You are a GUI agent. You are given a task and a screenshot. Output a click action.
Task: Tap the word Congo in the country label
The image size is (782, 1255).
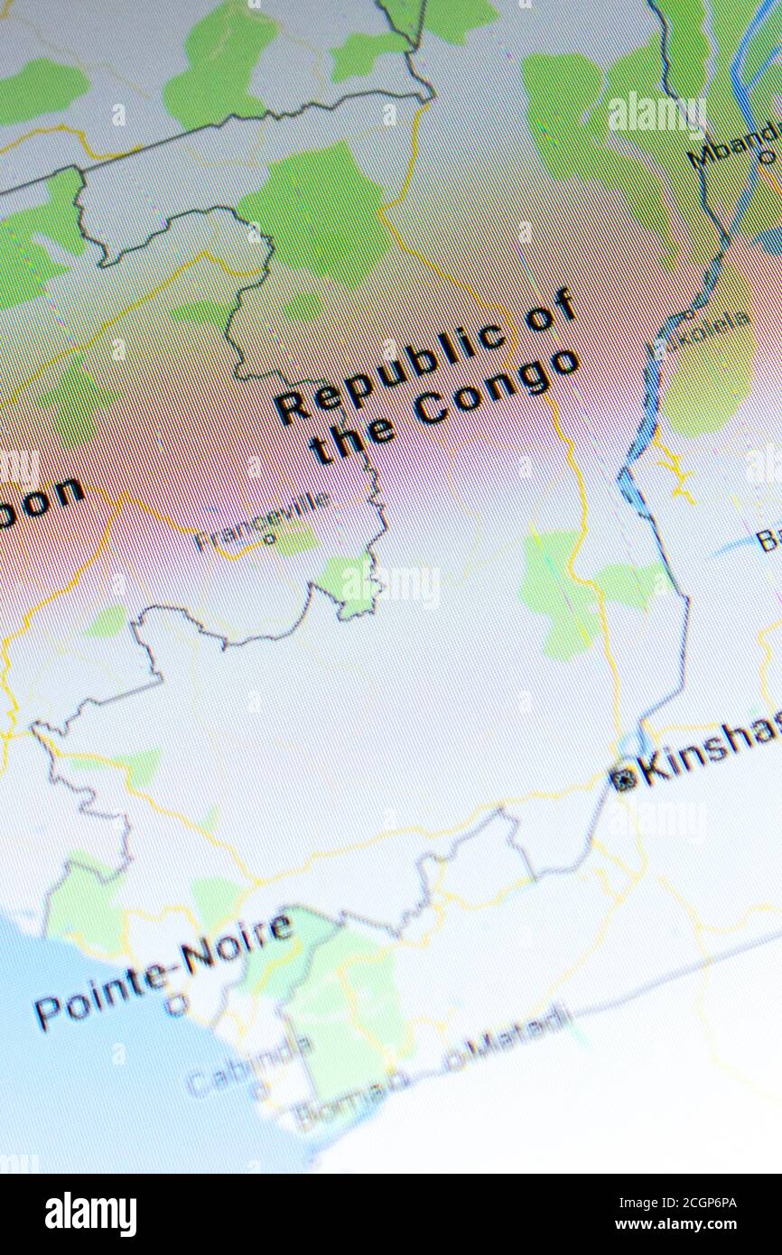point(496,389)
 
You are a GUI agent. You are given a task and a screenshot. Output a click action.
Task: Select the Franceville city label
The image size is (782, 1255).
point(261,521)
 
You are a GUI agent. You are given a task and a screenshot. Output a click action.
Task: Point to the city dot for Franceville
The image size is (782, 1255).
point(268,540)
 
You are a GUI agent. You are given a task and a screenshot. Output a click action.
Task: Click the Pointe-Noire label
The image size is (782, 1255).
point(163,967)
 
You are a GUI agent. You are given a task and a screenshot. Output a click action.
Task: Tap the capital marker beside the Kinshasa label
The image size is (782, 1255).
point(622,777)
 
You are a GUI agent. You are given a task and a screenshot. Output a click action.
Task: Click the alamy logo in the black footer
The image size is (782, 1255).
point(90,1213)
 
